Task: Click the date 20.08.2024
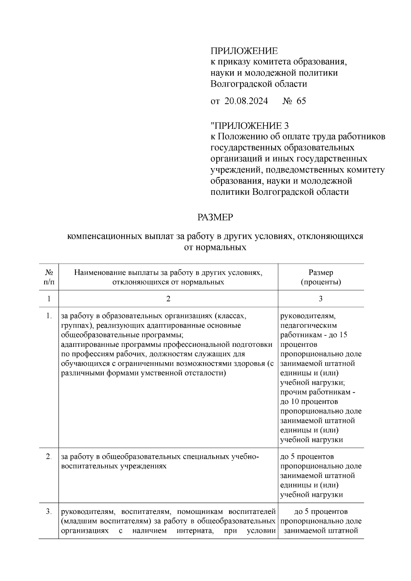pos(246,101)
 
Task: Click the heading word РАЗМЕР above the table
pos(215,217)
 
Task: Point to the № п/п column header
pos(49,277)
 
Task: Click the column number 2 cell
pos(168,299)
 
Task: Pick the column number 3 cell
pos(321,299)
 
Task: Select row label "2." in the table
pos(49,457)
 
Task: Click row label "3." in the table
pos(49,512)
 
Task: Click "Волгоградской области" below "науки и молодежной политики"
pos(259,84)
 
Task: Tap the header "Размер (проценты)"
pos(321,277)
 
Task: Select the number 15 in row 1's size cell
pos(343,335)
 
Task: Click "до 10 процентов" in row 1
pos(309,401)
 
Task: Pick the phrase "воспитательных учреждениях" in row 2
pos(114,466)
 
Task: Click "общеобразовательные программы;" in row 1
pos(124,335)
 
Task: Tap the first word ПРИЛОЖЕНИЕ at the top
pos(244,51)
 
